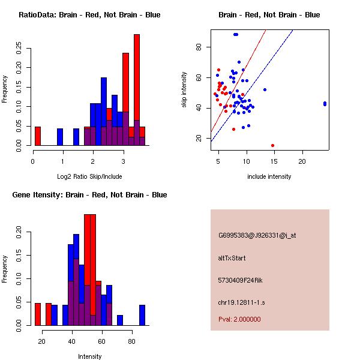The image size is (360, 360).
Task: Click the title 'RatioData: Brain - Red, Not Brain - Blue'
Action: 89,14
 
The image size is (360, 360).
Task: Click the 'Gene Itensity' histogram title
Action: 89,195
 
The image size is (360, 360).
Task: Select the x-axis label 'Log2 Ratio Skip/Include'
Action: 89,176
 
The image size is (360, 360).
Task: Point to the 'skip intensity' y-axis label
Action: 184,90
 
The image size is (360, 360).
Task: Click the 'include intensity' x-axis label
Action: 269,176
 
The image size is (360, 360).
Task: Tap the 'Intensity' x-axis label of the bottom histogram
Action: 89,356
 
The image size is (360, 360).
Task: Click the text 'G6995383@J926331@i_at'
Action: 257,235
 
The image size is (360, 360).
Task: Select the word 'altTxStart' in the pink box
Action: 232,258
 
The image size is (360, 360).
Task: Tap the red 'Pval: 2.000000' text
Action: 239,319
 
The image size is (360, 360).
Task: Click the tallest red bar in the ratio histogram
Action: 137,78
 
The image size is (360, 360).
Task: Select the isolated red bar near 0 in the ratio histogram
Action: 38,136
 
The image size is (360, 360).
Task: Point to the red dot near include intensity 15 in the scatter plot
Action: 272,145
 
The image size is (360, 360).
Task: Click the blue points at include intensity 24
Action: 325,104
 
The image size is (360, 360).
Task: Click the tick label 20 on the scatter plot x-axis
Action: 302,161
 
